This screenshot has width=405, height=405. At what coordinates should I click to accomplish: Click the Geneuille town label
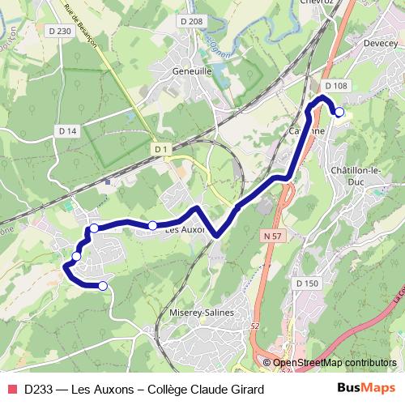tap(192, 70)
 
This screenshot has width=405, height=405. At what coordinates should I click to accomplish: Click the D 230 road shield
tap(60, 31)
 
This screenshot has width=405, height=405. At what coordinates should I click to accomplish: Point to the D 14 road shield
tap(67, 130)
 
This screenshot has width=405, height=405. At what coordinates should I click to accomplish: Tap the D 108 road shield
tap(335, 86)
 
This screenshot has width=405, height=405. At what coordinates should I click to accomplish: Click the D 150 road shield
tap(308, 283)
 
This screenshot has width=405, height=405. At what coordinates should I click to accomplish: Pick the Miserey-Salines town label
tap(202, 313)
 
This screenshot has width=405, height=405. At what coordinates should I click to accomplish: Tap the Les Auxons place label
tap(184, 230)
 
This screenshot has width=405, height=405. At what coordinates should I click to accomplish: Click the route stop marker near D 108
tap(339, 113)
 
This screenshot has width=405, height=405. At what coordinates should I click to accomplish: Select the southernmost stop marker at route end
tap(103, 286)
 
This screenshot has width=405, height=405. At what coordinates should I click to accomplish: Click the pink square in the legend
tap(11, 389)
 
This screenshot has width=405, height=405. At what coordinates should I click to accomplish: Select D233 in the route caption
tap(39, 389)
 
